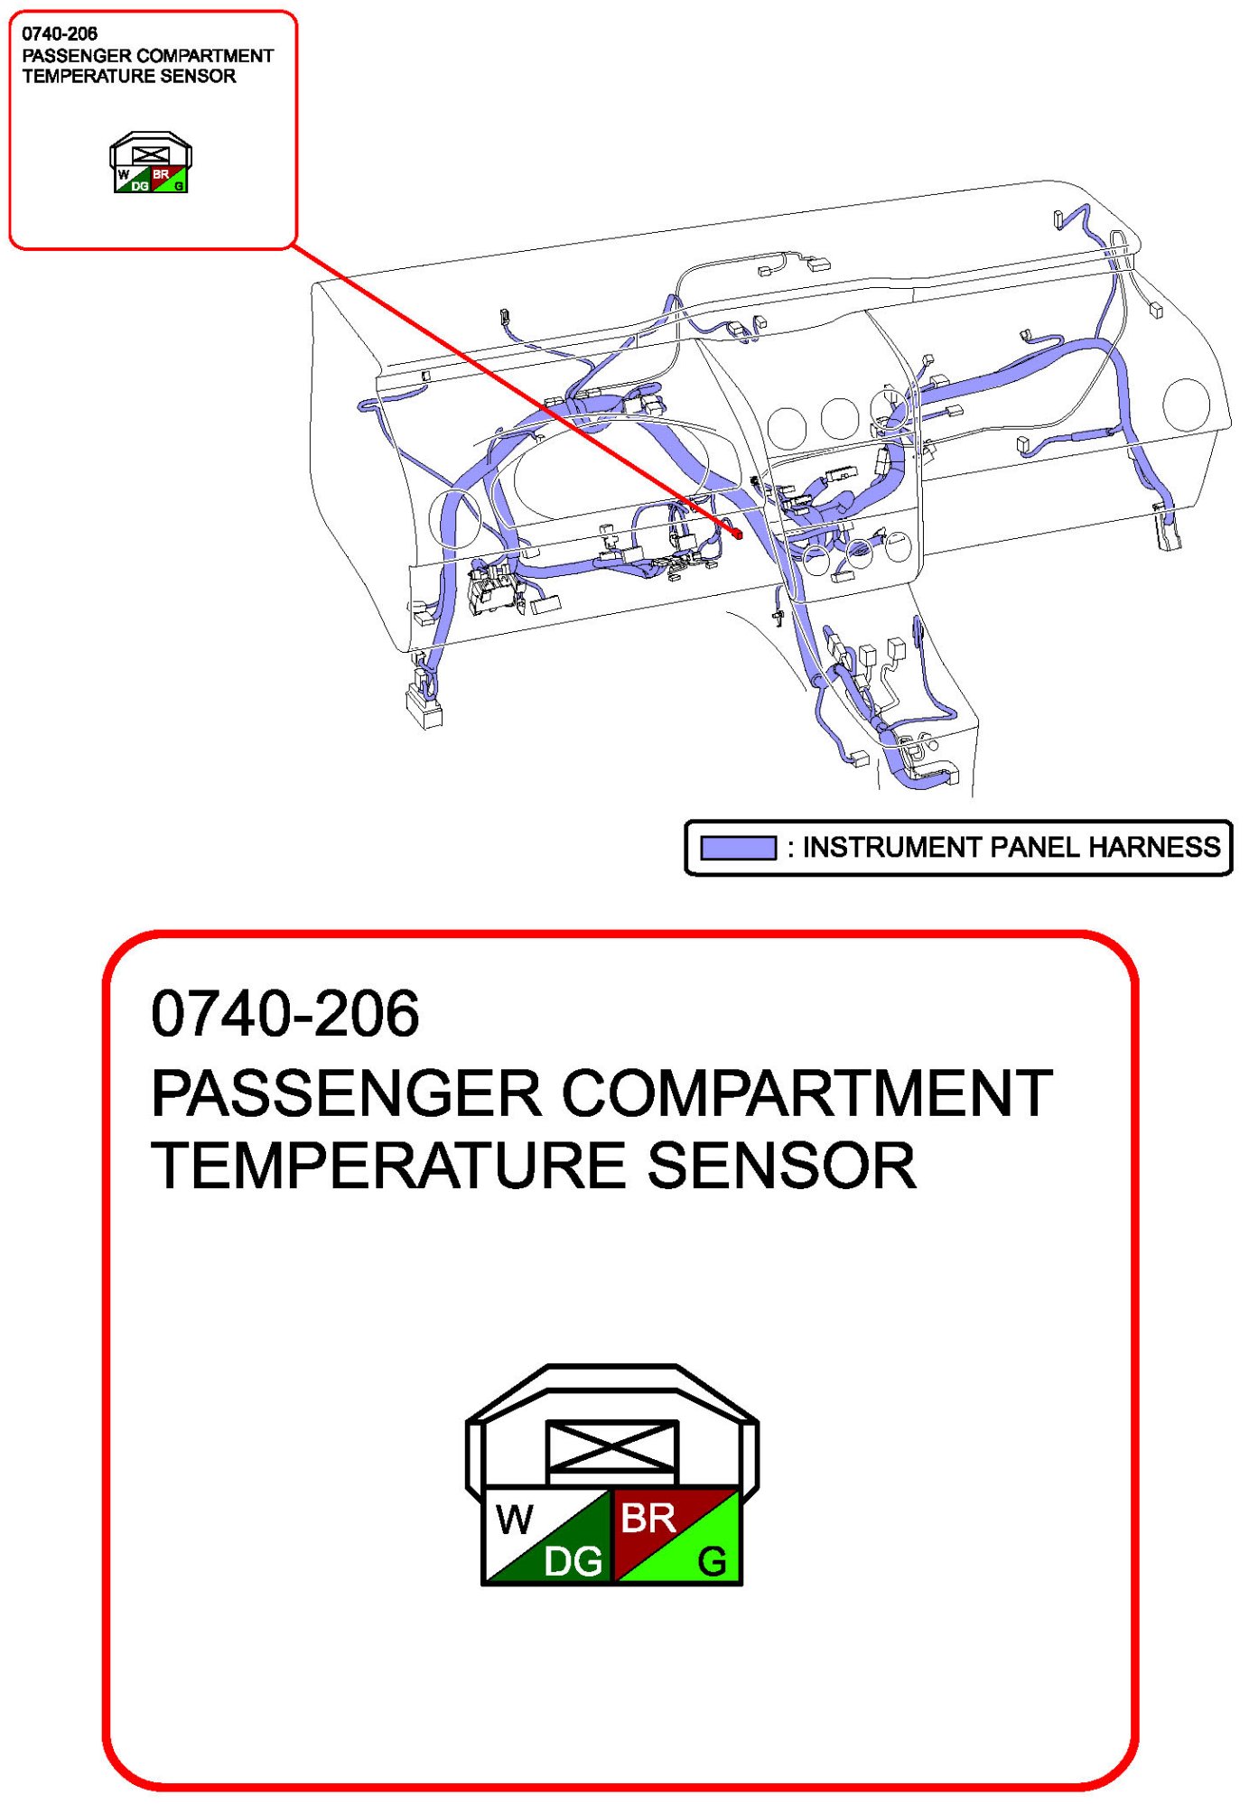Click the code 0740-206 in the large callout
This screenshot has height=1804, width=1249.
tap(285, 1013)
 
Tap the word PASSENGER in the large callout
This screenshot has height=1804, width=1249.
tap(346, 1093)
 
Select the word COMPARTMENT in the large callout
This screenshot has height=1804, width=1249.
tap(807, 1093)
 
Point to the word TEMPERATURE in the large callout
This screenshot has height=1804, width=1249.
tap(389, 1165)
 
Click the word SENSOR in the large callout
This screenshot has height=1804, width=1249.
tap(781, 1165)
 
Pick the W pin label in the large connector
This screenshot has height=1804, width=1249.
tap(515, 1520)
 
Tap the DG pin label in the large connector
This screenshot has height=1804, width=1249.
tap(573, 1561)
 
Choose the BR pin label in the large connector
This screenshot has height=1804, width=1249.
tap(648, 1518)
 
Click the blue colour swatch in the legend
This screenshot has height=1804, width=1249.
tap(738, 848)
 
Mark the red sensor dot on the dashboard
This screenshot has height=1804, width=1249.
tap(737, 534)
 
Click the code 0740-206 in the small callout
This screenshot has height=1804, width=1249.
tap(60, 33)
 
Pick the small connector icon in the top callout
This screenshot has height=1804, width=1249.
tap(151, 163)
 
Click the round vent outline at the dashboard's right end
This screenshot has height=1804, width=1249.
tap(1186, 404)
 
